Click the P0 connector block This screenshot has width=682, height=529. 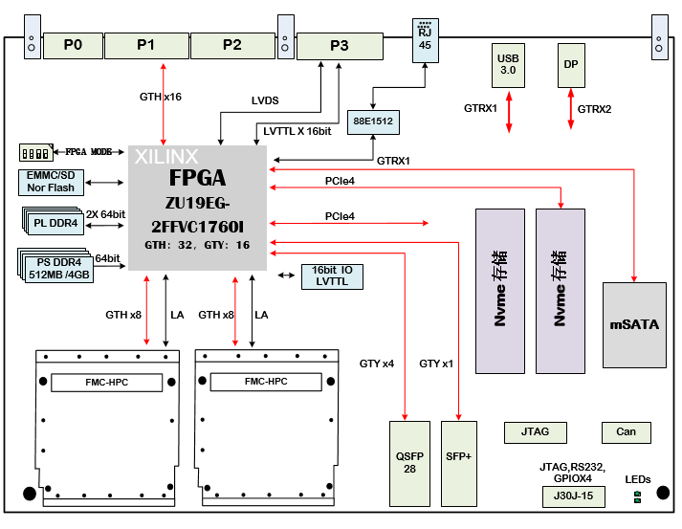pyautogui.click(x=73, y=45)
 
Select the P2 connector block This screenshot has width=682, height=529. pyautogui.click(x=231, y=45)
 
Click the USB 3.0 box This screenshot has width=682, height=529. pyautogui.click(x=507, y=65)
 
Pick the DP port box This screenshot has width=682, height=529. pyautogui.click(x=570, y=65)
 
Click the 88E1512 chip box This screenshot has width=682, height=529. pyautogui.click(x=372, y=122)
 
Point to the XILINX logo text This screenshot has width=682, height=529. pyautogui.click(x=166, y=156)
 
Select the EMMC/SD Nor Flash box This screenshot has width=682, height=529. pyautogui.click(x=51, y=182)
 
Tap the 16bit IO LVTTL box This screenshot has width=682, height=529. pyautogui.click(x=333, y=276)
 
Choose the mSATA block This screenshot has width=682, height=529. pyautogui.click(x=634, y=325)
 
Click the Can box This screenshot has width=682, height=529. pyautogui.click(x=626, y=431)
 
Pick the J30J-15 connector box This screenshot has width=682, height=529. pyautogui.click(x=566, y=496)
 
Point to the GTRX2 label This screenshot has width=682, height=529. pyautogui.click(x=594, y=108)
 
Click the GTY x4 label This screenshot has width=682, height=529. pyautogui.click(x=376, y=364)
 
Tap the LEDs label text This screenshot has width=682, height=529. pyautogui.click(x=638, y=478)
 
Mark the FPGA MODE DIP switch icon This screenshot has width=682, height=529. pyautogui.click(x=35, y=152)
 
